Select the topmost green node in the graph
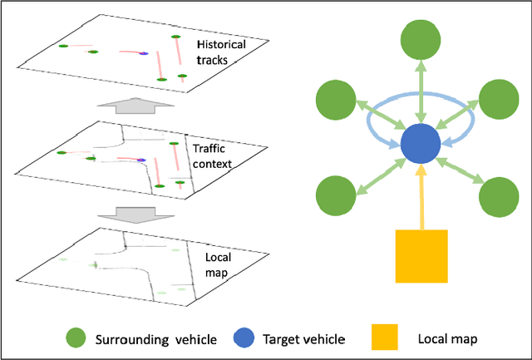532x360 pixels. pyautogui.click(x=423, y=40)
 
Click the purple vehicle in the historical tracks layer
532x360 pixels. pyautogui.click(x=143, y=53)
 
